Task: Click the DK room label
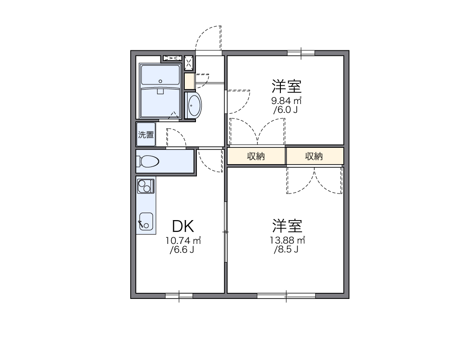pyautogui.click(x=183, y=226)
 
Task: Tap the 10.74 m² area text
pyautogui.click(x=183, y=241)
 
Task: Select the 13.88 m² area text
pyautogui.click(x=287, y=241)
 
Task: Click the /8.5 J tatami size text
pyautogui.click(x=286, y=249)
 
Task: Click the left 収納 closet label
pyautogui.click(x=256, y=156)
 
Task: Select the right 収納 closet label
pyautogui.click(x=314, y=156)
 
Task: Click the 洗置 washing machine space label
pyautogui.click(x=146, y=135)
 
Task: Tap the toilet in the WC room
pyautogui.click(x=148, y=161)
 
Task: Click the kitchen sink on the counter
pyautogui.click(x=146, y=222)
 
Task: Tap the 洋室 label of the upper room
pyautogui.click(x=287, y=86)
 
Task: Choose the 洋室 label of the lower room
pyautogui.click(x=287, y=226)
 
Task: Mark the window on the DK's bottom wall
pyautogui.click(x=179, y=296)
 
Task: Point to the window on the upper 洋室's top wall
pyautogui.click(x=301, y=52)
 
